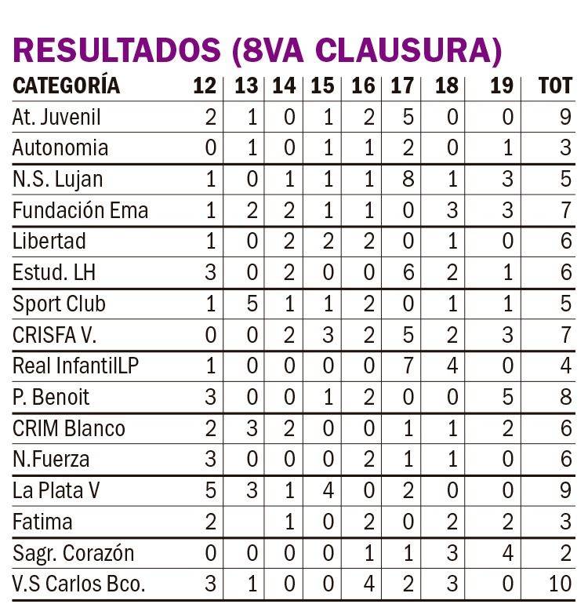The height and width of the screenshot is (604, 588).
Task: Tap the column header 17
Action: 401,86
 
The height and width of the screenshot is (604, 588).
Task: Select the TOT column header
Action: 555,86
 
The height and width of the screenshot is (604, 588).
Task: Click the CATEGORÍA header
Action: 66,86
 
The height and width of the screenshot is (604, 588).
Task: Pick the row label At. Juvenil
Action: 56,118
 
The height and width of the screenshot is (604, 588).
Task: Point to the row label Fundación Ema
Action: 80,210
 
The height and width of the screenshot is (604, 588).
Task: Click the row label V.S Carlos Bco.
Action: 79,584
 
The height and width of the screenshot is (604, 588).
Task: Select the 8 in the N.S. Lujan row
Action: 408,180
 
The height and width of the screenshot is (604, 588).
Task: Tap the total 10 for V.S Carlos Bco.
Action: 560,584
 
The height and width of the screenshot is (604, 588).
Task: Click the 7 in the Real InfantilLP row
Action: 408,366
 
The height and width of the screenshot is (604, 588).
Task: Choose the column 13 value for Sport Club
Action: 252,304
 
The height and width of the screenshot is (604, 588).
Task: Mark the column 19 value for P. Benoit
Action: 507,397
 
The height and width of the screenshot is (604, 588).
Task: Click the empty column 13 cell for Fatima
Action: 247,522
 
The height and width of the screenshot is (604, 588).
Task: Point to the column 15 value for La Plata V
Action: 328,490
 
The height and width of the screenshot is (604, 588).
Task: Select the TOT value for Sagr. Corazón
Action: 566,553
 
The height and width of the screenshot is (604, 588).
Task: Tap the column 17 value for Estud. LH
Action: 408,273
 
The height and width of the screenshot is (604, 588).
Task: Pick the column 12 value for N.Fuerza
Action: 209,459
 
